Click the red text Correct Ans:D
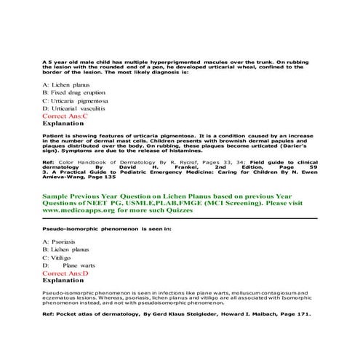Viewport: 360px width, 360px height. coord(65,272)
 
